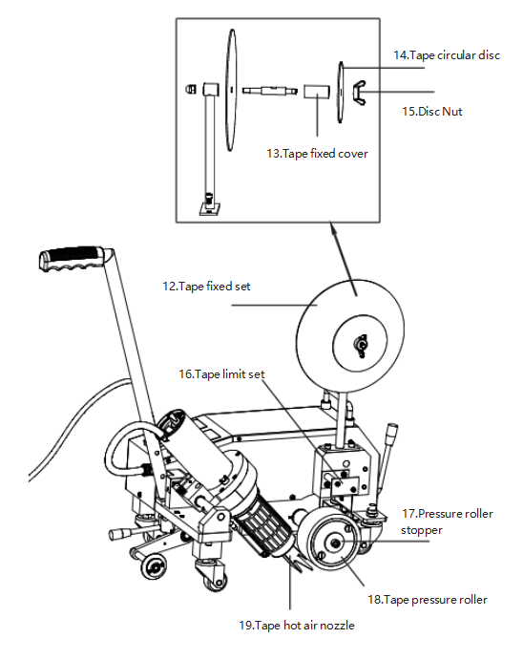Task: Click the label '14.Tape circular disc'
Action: click(x=447, y=55)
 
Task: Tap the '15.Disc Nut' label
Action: click(x=432, y=112)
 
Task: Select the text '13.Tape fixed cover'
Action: click(x=317, y=154)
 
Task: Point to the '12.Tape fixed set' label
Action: click(x=206, y=287)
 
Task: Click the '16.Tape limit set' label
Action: click(x=222, y=374)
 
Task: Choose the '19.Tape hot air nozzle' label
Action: click(x=297, y=626)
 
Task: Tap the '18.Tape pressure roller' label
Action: click(x=428, y=600)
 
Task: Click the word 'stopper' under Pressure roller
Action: click(x=421, y=530)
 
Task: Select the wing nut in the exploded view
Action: click(x=359, y=93)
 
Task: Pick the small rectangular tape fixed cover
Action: click(x=317, y=92)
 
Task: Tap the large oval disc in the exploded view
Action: click(x=231, y=90)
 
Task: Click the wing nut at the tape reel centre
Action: click(x=360, y=345)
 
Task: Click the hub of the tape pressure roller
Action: click(x=336, y=543)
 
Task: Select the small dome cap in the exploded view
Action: click(x=190, y=89)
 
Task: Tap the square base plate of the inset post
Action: click(x=210, y=209)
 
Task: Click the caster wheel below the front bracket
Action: click(x=216, y=582)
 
